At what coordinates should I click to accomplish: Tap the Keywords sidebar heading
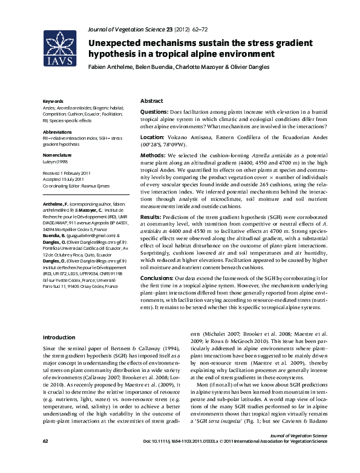pyautogui.click(x=53, y=100)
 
